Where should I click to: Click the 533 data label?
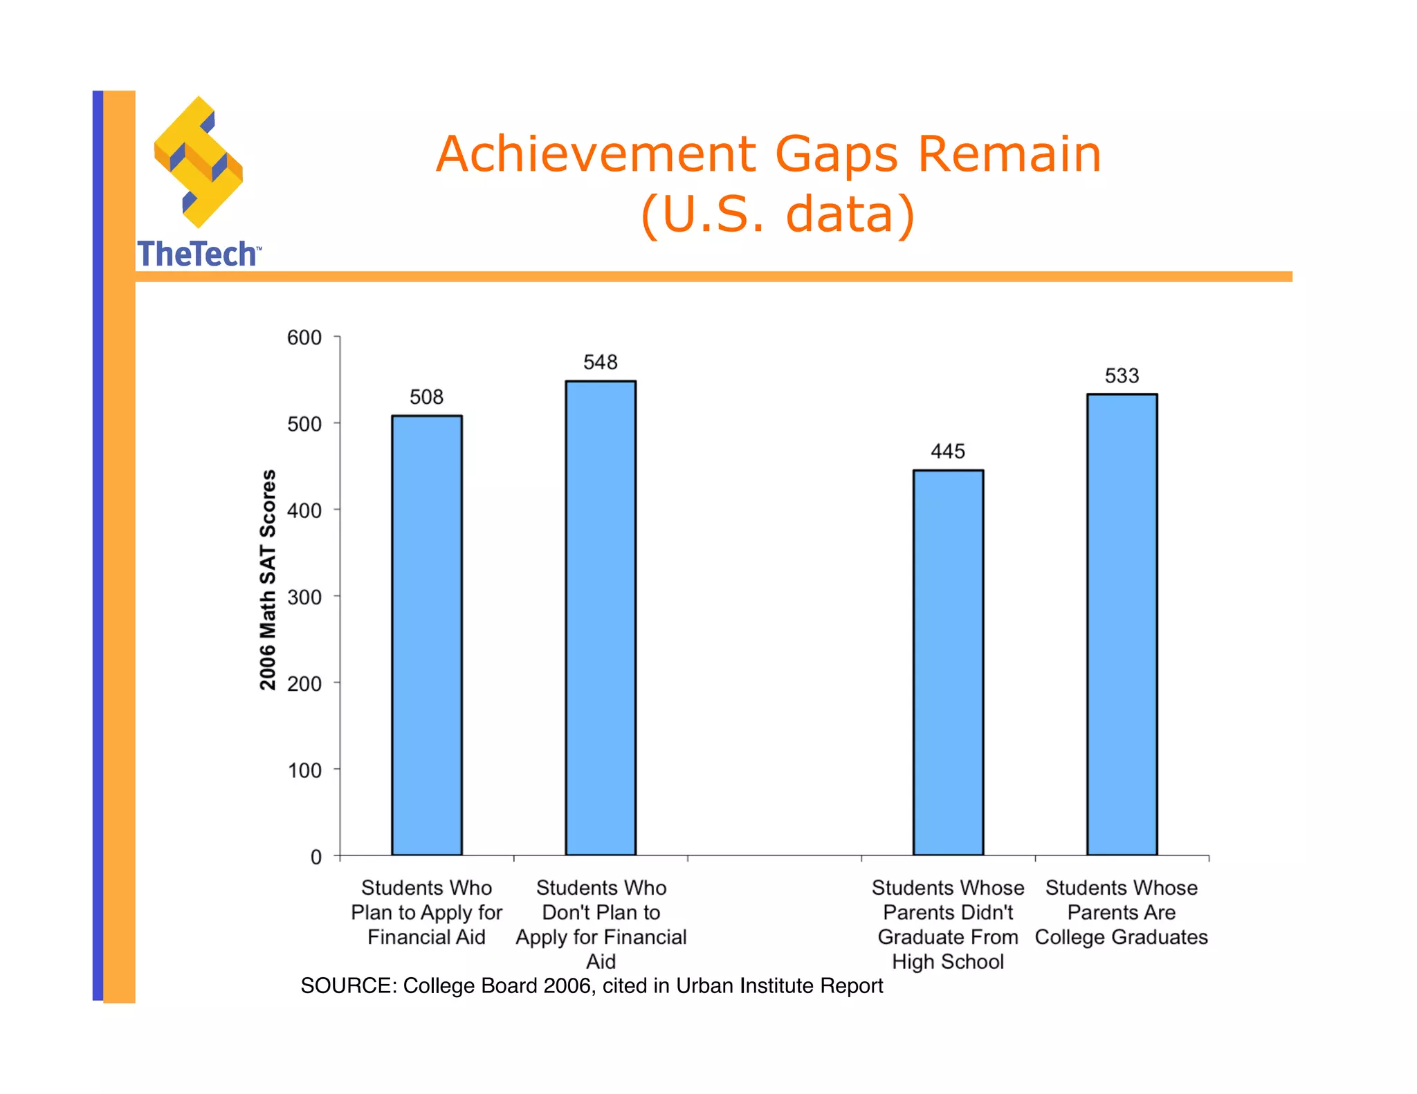(x=1122, y=376)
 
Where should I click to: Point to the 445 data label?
(x=948, y=452)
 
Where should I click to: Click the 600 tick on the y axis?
(x=304, y=337)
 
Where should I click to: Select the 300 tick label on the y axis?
(x=304, y=597)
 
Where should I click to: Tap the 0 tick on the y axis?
(x=316, y=857)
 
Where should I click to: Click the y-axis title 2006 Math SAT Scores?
(x=268, y=580)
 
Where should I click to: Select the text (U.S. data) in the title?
(x=778, y=214)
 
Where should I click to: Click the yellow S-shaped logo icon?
(x=199, y=163)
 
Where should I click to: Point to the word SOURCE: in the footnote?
(x=349, y=985)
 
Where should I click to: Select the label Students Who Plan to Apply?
(x=426, y=912)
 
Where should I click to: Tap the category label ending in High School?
(x=948, y=925)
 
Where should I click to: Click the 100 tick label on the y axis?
(x=304, y=770)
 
